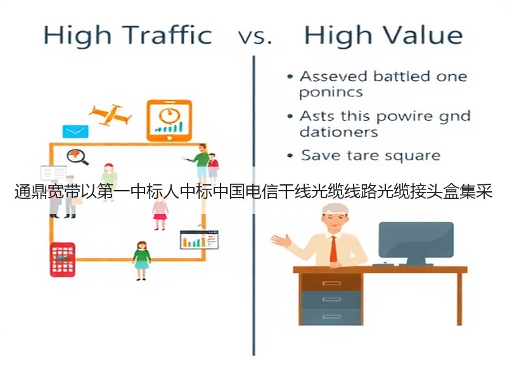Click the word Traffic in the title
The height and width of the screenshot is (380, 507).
coord(167,35)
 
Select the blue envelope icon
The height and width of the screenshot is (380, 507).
coord(75,132)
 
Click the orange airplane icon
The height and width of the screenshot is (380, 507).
coord(110,115)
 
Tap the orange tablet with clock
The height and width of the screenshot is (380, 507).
coord(169,120)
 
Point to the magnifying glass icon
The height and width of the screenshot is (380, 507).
coord(77,157)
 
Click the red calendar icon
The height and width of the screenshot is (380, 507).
coord(63,260)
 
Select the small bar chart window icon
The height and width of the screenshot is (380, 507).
coord(199,240)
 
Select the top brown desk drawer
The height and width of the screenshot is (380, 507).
coord(332,283)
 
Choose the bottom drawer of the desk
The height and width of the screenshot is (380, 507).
coord(332,316)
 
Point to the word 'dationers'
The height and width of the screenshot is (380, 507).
coord(338,132)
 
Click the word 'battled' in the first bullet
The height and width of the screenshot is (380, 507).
coord(402,77)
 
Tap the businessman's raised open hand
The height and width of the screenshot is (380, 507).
coord(281,241)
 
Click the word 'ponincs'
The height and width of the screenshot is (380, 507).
coord(331,93)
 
